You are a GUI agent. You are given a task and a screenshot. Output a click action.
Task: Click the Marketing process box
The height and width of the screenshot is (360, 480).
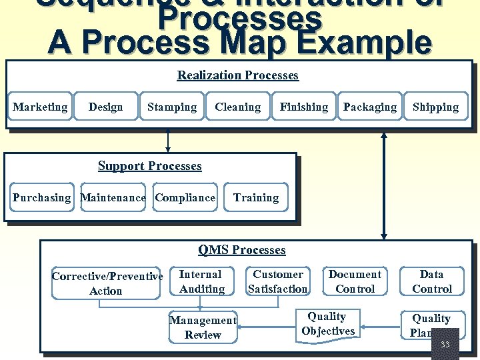40,107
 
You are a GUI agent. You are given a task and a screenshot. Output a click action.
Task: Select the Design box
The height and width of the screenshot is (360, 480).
105,107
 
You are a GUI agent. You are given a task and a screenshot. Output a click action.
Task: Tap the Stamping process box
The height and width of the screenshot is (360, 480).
172,107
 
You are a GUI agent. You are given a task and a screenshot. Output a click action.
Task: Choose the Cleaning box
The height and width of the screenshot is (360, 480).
237,107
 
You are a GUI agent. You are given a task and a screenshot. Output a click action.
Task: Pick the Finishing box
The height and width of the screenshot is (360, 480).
303,107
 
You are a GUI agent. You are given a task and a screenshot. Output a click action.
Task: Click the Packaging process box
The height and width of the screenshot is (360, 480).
369,107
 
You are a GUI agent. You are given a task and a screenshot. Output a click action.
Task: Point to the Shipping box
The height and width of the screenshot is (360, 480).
435,107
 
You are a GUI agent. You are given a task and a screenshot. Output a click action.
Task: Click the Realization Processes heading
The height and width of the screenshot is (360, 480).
237,75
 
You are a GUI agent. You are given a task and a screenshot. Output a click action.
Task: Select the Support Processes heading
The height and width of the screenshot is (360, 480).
149,166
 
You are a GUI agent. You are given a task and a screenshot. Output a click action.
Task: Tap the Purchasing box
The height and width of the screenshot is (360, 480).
41,197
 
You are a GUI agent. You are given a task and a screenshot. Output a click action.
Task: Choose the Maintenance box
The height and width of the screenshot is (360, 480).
113,197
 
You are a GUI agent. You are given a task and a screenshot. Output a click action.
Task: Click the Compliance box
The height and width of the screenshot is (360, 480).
185,197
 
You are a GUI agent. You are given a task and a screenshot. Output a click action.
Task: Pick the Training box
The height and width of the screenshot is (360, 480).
256,197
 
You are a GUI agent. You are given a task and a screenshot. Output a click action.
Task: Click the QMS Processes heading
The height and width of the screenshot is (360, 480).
241,250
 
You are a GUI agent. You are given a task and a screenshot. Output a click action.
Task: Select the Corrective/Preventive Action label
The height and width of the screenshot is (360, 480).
107,283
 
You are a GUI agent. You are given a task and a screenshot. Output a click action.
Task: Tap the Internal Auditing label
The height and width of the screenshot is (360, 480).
201,281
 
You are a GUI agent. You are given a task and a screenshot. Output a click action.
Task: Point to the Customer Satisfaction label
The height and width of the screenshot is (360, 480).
277,281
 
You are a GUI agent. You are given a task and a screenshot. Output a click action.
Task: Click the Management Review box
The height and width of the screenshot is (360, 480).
203,327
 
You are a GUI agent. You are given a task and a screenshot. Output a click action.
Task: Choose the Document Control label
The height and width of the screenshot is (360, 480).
355,281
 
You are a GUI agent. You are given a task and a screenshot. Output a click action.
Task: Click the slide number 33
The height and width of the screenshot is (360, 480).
445,345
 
